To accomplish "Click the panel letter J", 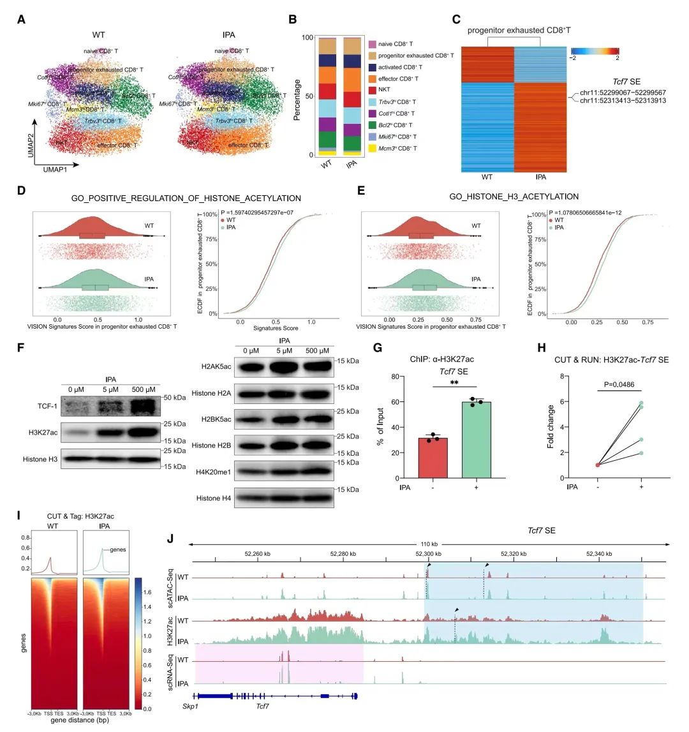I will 170,538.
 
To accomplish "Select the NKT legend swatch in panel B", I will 371,90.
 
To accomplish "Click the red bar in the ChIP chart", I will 433,458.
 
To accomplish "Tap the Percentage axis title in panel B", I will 297,96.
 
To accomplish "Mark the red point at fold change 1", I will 598,465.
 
